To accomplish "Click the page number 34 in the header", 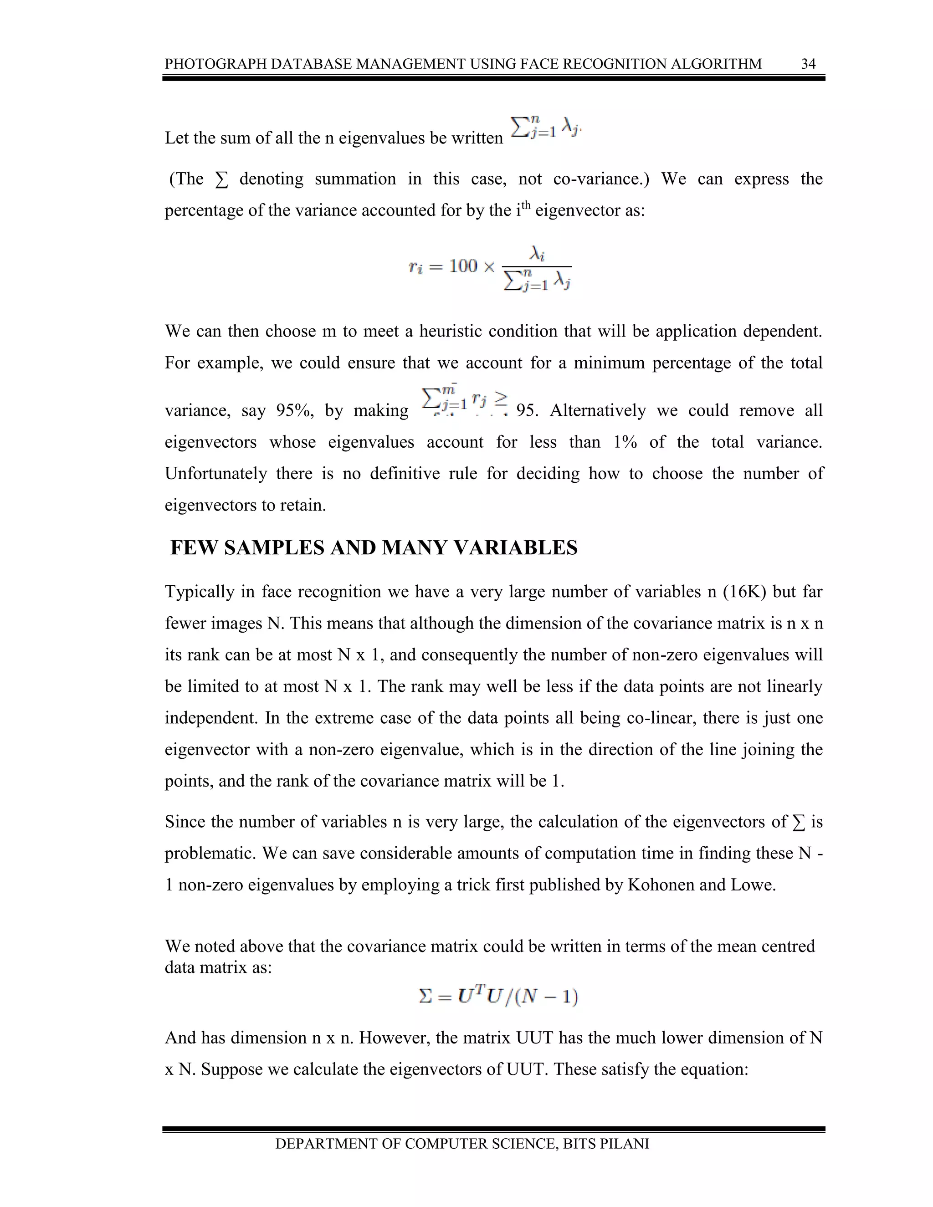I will [808, 64].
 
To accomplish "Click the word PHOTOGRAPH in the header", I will [210, 64].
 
